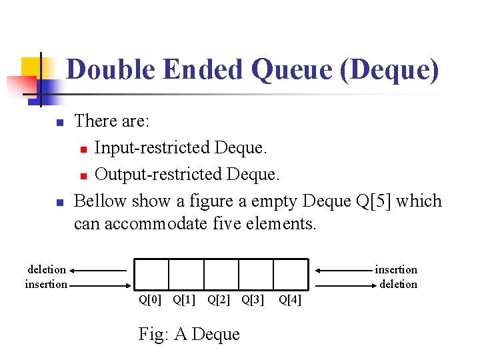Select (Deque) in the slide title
(x=389, y=69)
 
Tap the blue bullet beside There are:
(x=59, y=123)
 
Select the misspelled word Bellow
(x=101, y=201)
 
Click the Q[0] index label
(x=150, y=300)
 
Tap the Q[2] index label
(x=219, y=300)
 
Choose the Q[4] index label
(x=290, y=300)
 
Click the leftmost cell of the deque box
(x=151, y=273)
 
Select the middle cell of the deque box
(x=221, y=273)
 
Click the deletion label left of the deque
(x=47, y=269)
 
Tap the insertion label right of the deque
(x=396, y=269)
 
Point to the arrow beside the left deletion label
(x=97, y=271)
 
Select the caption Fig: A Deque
(x=189, y=333)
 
